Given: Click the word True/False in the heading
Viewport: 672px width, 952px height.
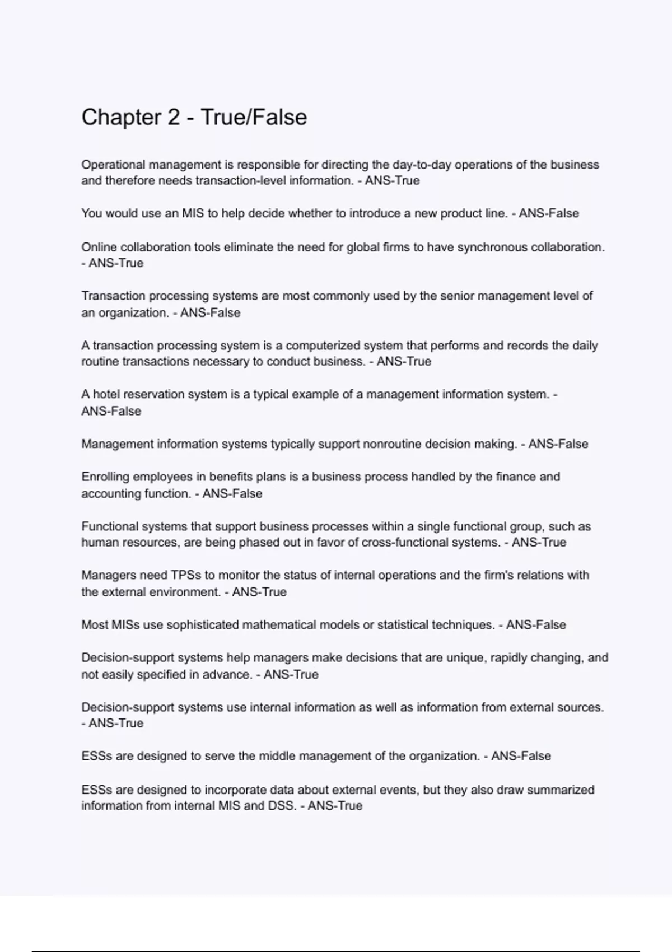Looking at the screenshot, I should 254,118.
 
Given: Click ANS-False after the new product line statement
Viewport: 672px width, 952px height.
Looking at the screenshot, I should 549,213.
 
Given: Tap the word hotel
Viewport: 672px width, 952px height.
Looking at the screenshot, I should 106,394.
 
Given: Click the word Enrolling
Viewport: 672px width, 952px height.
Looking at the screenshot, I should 107,477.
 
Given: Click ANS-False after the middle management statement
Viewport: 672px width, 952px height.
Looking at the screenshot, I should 521,756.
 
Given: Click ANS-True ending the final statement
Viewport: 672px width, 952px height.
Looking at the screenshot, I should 335,806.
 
